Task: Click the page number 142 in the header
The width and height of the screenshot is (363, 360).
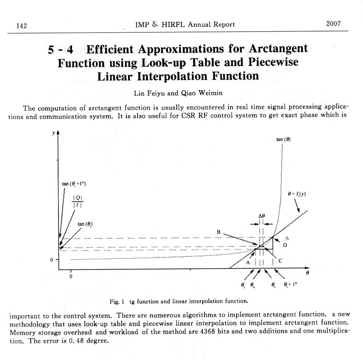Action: tap(21, 25)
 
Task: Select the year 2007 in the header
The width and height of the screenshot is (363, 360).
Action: tap(333, 24)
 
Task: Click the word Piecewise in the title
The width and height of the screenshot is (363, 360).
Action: tap(273, 62)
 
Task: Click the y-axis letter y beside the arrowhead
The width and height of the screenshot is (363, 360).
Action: tap(53, 133)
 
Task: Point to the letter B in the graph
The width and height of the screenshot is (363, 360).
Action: tap(218, 232)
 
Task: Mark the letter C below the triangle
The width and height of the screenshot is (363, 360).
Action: tap(280, 260)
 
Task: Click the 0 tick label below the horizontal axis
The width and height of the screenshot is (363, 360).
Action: tap(71, 276)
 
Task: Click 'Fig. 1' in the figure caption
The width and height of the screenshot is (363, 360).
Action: tap(117, 301)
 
